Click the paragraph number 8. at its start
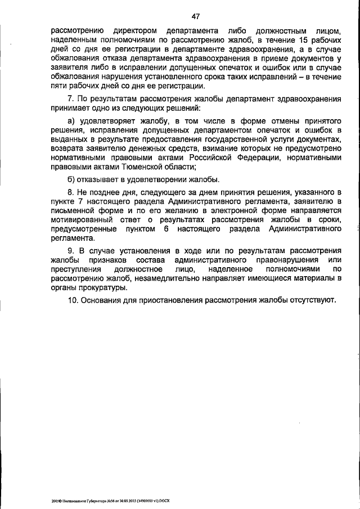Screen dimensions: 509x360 [x=71, y=192]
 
